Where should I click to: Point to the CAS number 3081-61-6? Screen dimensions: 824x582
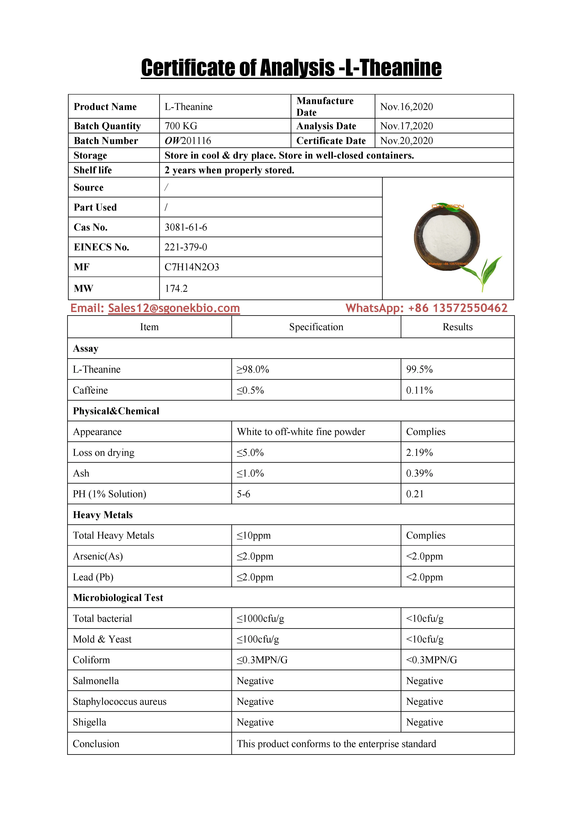(x=186, y=227)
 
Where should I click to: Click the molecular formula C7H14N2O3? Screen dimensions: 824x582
(x=192, y=267)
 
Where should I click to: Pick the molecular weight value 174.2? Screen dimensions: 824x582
(x=176, y=289)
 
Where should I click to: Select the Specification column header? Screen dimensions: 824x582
(x=316, y=327)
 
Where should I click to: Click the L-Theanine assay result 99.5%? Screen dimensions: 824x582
(x=419, y=369)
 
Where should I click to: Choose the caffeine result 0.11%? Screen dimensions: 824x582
(x=419, y=390)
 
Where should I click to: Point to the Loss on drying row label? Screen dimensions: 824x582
(x=104, y=453)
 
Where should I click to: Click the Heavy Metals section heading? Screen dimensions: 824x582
(x=103, y=515)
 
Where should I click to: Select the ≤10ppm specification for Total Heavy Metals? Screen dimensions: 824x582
(x=253, y=535)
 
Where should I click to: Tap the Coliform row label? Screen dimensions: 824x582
(x=91, y=660)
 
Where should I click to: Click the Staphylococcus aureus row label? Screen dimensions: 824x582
(x=120, y=702)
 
